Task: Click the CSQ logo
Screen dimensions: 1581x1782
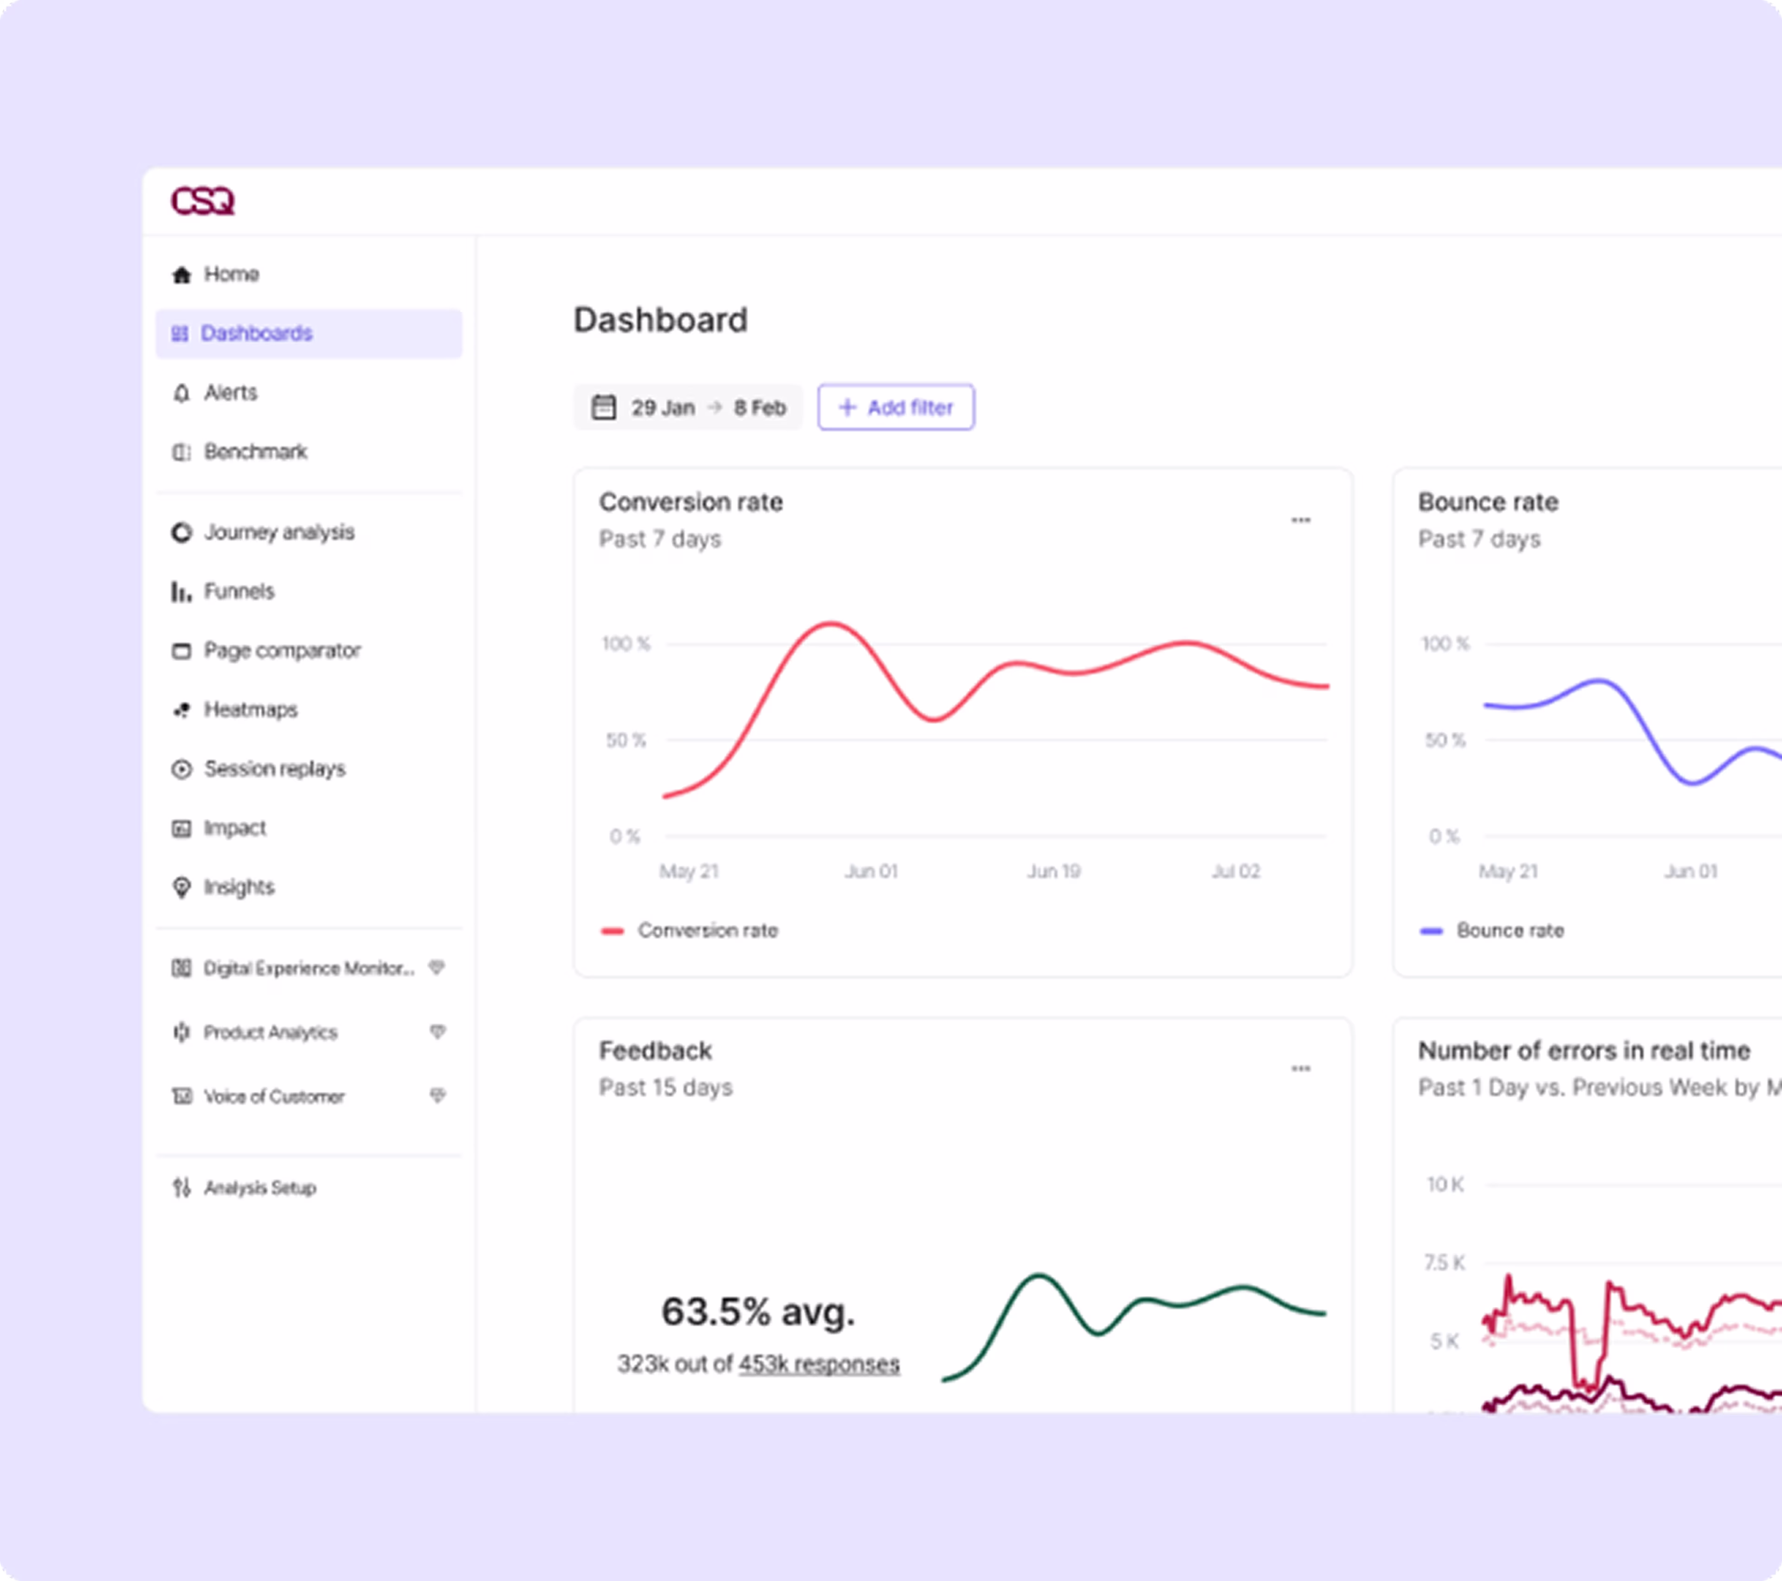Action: [202, 201]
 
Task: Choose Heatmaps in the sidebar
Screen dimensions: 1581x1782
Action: [250, 710]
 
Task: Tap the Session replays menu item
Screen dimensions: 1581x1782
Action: [274, 769]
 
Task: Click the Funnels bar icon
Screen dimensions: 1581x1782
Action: [181, 592]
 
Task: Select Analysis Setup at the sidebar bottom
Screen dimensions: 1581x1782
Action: [259, 1188]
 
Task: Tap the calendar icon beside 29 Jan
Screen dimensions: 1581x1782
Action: [603, 407]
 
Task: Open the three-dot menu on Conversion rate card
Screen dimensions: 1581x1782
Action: [1300, 521]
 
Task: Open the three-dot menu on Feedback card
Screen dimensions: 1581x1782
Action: [1300, 1069]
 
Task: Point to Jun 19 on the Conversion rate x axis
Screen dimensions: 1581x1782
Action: [1052, 871]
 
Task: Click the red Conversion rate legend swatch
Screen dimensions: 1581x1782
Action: [612, 931]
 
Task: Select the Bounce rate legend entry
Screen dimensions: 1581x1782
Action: [1509, 931]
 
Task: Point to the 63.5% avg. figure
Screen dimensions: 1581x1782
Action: [758, 1311]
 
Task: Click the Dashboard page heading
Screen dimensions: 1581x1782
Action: [660, 320]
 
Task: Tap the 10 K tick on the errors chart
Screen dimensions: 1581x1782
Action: [1445, 1184]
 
